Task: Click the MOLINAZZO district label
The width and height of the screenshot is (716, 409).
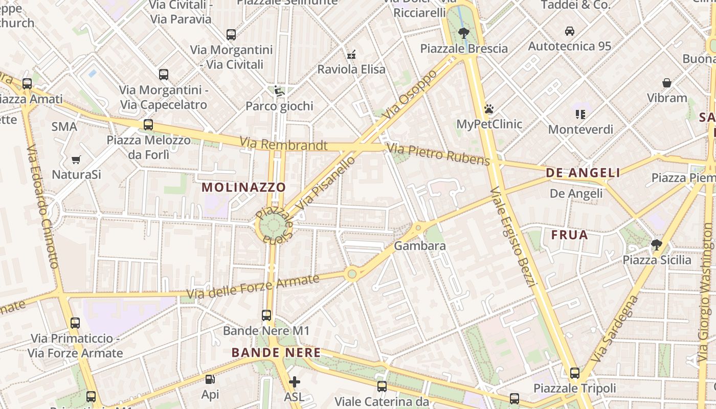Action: pos(243,187)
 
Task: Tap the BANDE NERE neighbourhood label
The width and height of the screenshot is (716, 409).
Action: pos(276,353)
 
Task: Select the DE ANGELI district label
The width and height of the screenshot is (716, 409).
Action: pos(583,173)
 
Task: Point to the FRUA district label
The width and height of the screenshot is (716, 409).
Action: pos(569,235)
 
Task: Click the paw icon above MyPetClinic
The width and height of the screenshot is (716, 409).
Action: pos(489,109)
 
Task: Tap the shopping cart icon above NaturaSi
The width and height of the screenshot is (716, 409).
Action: pos(76,160)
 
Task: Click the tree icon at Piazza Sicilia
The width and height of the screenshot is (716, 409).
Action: pos(657,245)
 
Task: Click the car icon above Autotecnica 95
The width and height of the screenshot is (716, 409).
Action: pos(569,31)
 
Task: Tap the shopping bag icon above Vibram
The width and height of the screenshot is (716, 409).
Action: pos(667,83)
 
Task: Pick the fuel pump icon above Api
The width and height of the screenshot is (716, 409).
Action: pos(210,379)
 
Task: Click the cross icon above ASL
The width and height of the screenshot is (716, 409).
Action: pos(294,381)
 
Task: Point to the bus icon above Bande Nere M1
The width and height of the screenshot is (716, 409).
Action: pos(266,315)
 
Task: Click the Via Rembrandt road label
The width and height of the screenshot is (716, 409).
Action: pos(283,144)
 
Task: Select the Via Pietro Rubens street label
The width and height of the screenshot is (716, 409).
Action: pos(438,154)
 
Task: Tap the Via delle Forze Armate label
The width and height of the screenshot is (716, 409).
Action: pos(253,287)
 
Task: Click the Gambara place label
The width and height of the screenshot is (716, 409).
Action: pos(420,246)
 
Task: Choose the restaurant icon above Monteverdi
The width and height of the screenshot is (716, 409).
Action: pos(580,114)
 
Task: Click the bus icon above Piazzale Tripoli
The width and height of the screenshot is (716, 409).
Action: pos(575,373)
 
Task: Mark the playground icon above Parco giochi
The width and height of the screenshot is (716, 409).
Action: pos(279,91)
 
